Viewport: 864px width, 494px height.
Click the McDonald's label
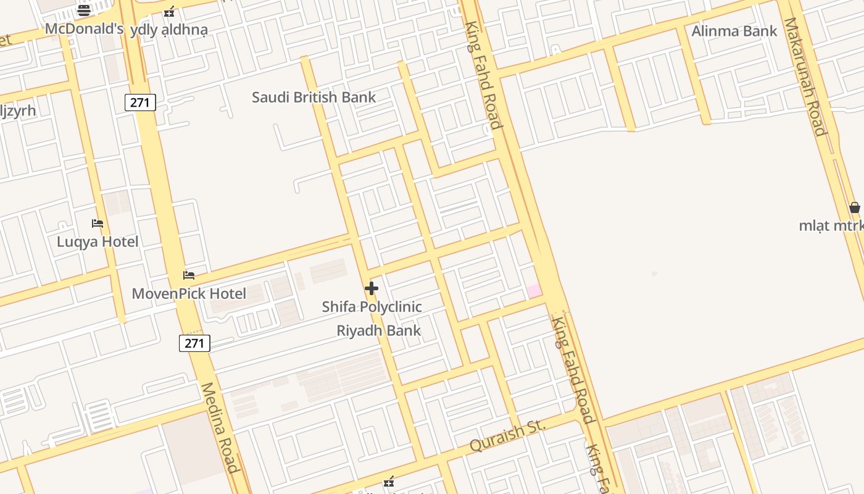[x=84, y=29]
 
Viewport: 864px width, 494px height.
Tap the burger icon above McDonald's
[x=84, y=10]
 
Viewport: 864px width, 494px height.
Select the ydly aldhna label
[x=168, y=30]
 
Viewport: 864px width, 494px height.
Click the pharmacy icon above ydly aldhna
[x=169, y=12]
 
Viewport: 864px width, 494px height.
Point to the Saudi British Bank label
[x=314, y=97]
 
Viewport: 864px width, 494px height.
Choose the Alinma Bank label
[x=734, y=31]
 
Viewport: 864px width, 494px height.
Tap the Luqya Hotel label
[x=98, y=241]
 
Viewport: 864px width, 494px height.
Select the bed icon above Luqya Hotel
[x=98, y=224]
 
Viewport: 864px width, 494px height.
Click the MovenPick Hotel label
[x=189, y=293]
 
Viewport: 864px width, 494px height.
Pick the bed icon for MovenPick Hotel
[x=189, y=275]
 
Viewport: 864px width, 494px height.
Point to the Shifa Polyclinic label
[x=372, y=306]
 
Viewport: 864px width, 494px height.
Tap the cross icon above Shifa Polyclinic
[x=372, y=288]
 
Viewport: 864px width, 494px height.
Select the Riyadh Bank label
[x=378, y=330]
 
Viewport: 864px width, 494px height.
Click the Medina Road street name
[x=219, y=427]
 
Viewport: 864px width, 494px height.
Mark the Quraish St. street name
[x=508, y=435]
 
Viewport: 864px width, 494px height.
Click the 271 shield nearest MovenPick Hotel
[x=194, y=343]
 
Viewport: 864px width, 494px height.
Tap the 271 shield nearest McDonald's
[x=140, y=103]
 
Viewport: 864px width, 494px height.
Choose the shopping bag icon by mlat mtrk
[x=854, y=207]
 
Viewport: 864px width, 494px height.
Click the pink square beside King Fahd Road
[x=534, y=291]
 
